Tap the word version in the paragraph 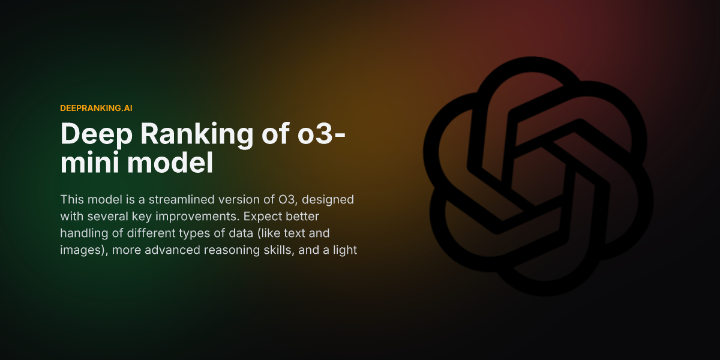pyautogui.click(x=238, y=199)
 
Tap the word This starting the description pyautogui.click(x=71, y=199)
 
